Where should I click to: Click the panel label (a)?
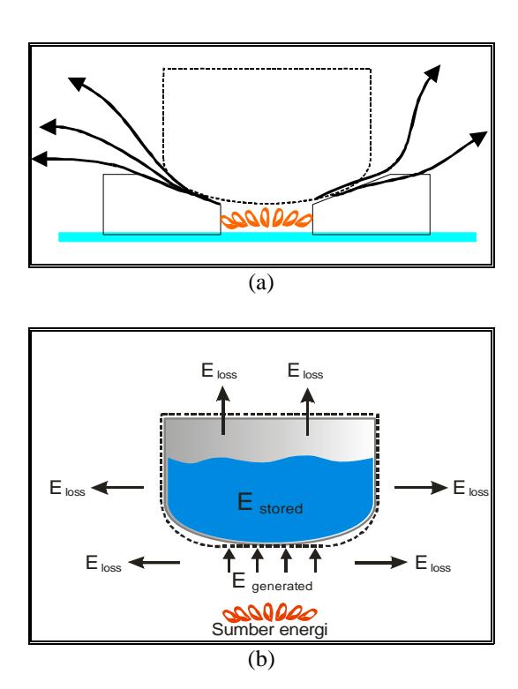(x=261, y=282)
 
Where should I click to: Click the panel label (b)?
(x=261, y=660)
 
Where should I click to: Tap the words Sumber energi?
(x=270, y=630)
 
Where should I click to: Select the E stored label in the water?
(x=270, y=503)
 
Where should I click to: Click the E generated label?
(x=273, y=582)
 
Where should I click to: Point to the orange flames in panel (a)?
(x=267, y=219)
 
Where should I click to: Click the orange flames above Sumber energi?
(x=269, y=612)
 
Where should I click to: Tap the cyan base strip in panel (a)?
(x=267, y=236)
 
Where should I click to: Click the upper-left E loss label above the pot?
(x=219, y=371)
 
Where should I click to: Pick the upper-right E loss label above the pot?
(x=305, y=371)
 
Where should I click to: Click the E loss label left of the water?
(x=67, y=489)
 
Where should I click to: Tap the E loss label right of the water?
(x=471, y=489)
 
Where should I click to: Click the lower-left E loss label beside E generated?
(x=103, y=564)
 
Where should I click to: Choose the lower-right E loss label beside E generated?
(x=432, y=564)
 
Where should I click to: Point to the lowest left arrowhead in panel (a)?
(x=40, y=159)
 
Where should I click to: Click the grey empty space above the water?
(x=270, y=438)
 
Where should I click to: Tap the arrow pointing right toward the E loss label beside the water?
(x=421, y=487)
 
